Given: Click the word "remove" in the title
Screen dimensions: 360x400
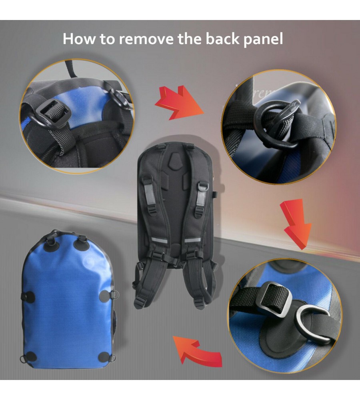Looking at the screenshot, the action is [146, 39].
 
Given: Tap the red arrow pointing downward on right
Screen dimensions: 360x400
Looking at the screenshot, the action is [297, 223].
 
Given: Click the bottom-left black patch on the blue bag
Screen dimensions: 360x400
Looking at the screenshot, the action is [31, 356].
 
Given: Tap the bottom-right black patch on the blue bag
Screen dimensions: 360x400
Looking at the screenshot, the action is [104, 357].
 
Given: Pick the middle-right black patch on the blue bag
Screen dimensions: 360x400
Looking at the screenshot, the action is [105, 296].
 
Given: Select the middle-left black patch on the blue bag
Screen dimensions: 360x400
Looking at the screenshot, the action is [30, 297].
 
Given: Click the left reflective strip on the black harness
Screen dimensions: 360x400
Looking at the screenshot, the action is [158, 240].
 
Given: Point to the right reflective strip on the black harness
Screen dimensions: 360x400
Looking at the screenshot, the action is [193, 240].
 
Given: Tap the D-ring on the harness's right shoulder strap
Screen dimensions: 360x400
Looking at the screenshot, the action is [203, 186].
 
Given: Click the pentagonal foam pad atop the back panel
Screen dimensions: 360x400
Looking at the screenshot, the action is [176, 162].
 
